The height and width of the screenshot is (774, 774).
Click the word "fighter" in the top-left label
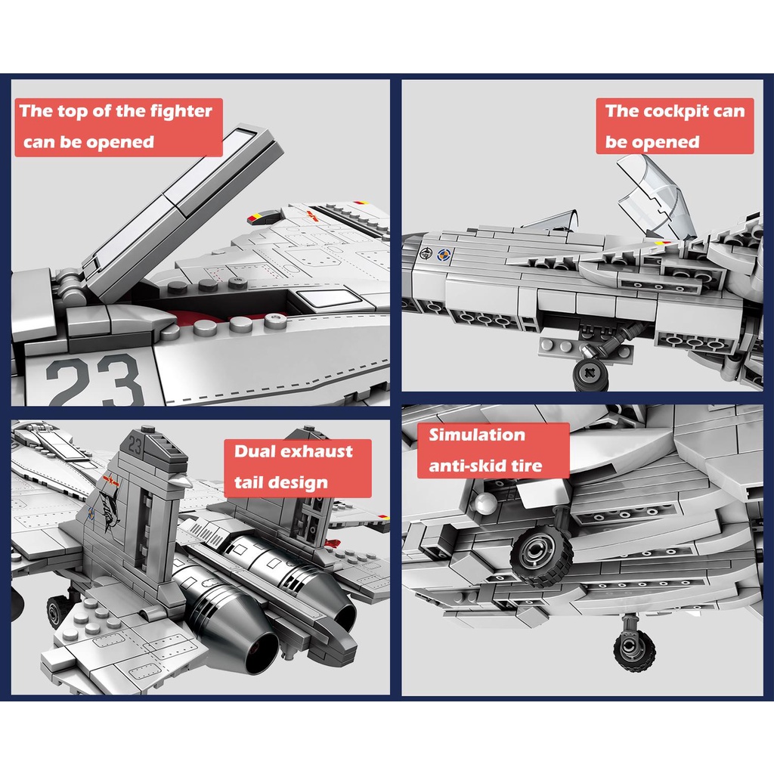181,112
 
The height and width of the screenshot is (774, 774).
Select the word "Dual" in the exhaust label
249,451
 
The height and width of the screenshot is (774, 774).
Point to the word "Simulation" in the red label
477,435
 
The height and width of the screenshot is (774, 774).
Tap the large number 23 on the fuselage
94,381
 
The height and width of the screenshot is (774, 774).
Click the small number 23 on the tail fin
135,445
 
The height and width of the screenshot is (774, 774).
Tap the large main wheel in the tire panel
542,552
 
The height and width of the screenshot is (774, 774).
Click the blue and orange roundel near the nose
444,255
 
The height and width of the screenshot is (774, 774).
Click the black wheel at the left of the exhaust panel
57,611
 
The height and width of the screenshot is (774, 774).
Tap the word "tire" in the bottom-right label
528,466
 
